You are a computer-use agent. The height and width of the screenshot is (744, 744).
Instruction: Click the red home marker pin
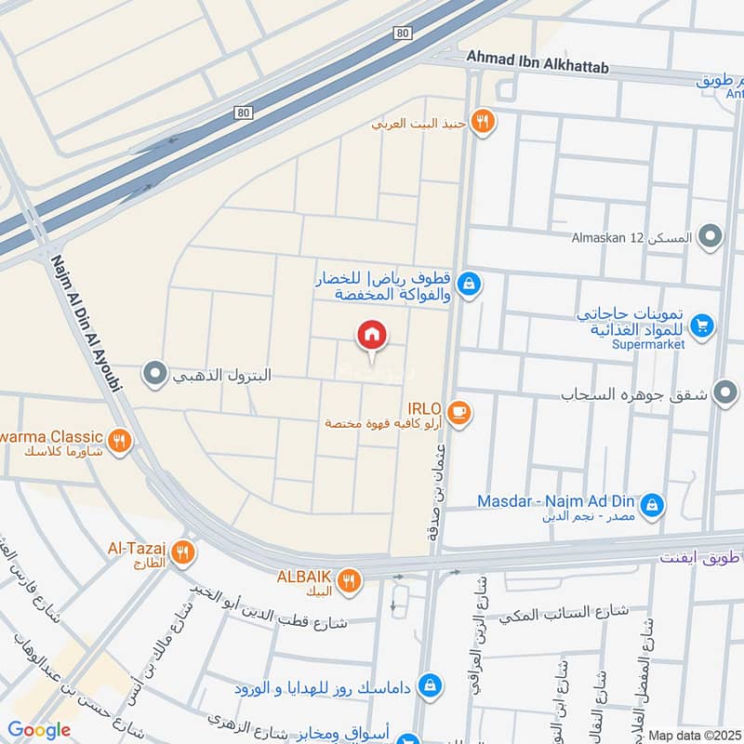pos(372,335)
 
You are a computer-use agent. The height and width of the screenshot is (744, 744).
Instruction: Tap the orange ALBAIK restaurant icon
pos(349,580)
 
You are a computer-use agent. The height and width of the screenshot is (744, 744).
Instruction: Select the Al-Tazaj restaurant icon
pos(184,552)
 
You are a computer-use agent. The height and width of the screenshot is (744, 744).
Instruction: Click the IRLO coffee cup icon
pos(458,410)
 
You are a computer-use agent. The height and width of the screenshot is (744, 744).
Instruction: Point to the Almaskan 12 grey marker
pos(711,236)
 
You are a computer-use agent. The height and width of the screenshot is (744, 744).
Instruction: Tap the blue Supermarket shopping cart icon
pos(703,325)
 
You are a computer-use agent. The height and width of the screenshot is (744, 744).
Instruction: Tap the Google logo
pos(39,730)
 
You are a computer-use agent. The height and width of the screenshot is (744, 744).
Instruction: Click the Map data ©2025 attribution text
pos(694,735)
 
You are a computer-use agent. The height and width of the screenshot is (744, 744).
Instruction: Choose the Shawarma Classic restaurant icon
pos(118,441)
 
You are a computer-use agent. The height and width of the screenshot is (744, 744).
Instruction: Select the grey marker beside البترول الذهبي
pos(153,376)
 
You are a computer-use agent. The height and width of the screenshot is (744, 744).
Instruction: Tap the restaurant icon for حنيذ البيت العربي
pos(482,121)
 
